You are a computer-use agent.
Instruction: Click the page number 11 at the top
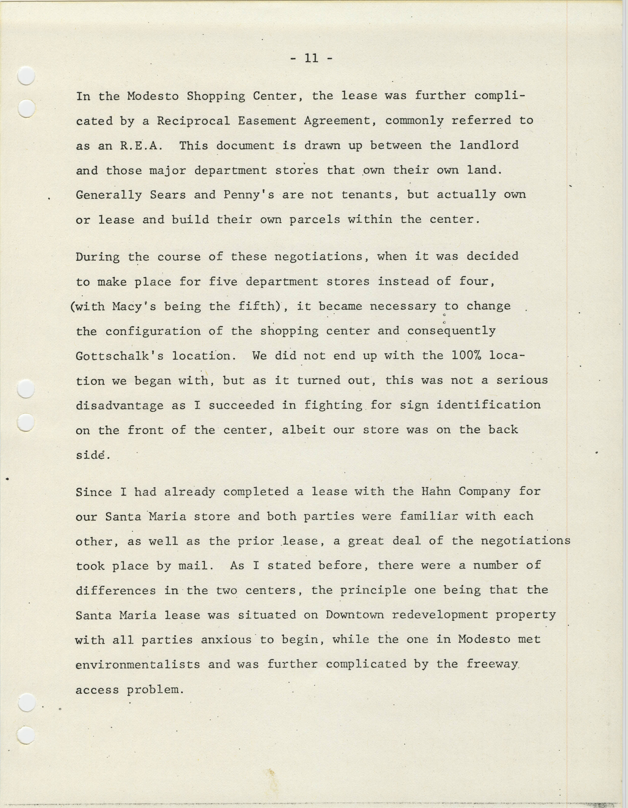click(311, 58)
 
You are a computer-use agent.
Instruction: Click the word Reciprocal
click(193, 121)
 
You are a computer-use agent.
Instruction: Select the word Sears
click(167, 195)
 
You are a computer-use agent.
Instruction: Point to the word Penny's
click(248, 195)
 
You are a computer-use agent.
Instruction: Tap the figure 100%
click(466, 355)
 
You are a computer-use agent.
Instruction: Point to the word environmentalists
click(138, 664)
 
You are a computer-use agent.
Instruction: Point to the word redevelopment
click(440, 615)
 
